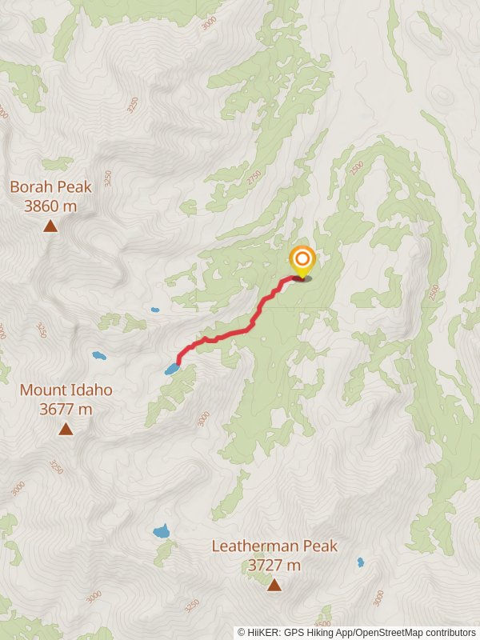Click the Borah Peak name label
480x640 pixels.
(50, 186)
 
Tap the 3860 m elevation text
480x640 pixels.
(50, 206)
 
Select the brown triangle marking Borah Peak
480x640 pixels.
(50, 226)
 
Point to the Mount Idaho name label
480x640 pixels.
(66, 390)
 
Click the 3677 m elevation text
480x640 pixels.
(66, 409)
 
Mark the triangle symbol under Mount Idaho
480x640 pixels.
(66, 430)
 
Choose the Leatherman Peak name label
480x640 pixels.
(274, 546)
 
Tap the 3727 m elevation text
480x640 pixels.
(274, 565)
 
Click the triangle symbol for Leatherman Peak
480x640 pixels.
(274, 586)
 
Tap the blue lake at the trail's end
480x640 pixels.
(172, 369)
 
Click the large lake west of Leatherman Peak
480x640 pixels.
(162, 531)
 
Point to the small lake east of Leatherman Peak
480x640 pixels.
(360, 562)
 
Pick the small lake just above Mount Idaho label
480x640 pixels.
(98, 355)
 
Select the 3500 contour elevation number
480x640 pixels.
(323, 622)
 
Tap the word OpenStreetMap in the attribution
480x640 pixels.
(388, 632)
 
